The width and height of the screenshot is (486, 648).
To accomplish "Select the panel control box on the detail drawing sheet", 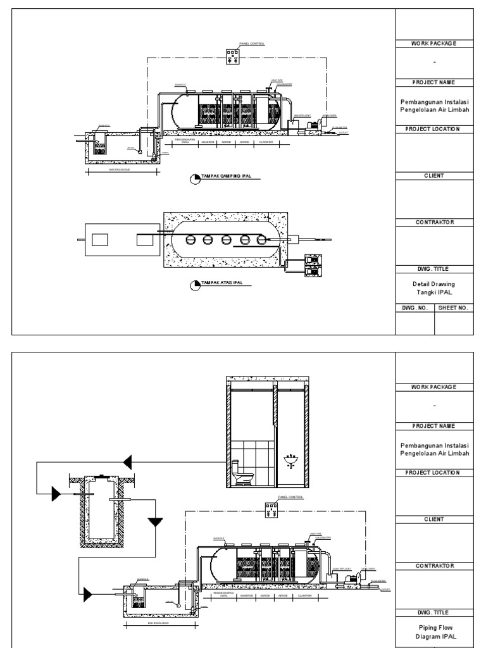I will click(234, 58).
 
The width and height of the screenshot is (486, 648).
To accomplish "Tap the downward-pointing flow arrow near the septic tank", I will click(154, 522).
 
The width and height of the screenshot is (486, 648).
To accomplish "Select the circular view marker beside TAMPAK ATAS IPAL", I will click(196, 286).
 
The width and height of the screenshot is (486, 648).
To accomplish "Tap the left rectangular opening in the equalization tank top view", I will click(101, 239).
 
